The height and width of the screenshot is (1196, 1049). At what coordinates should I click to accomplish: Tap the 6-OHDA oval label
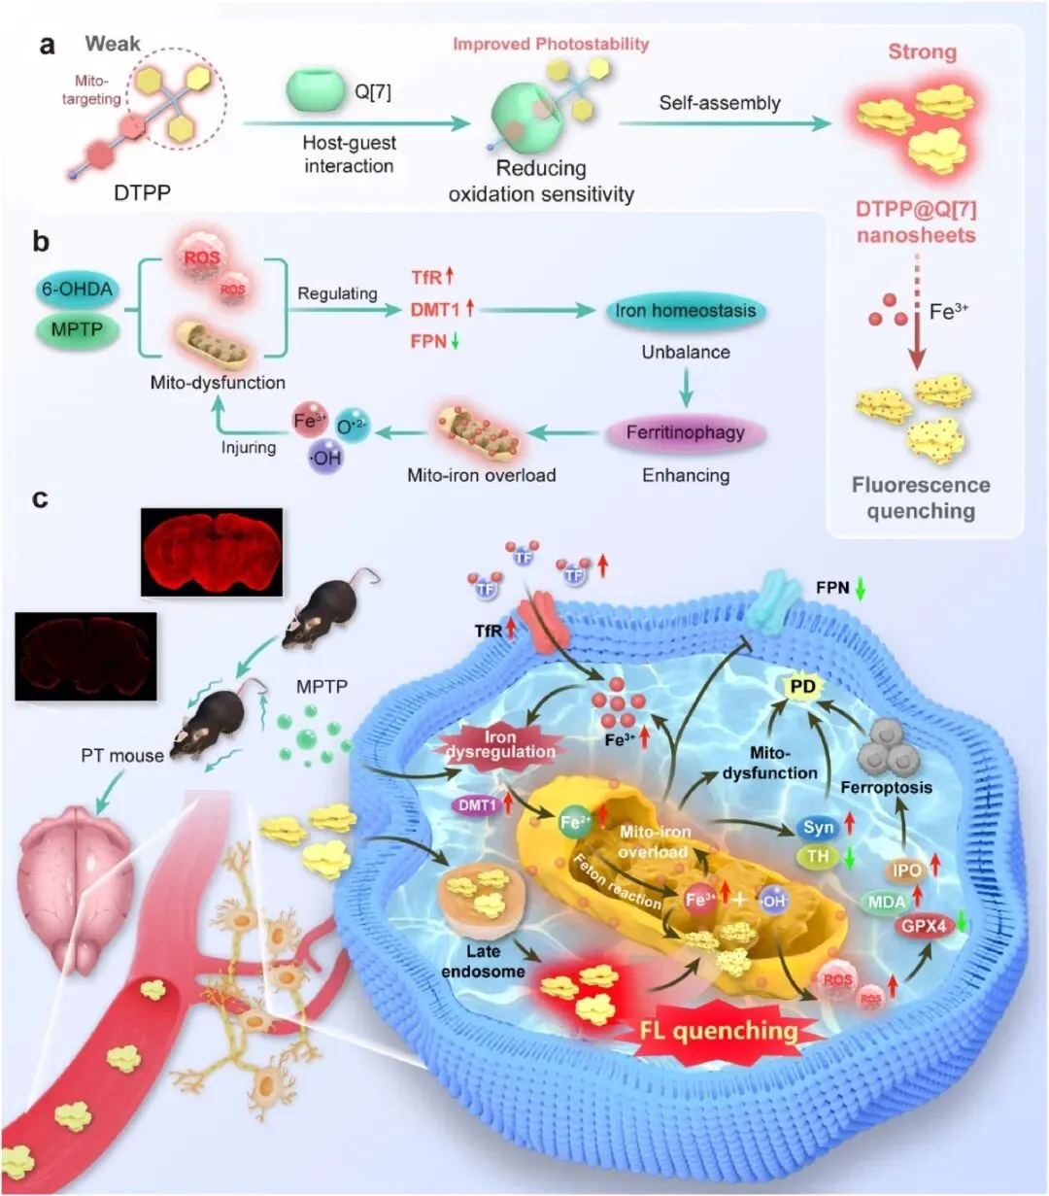[77, 289]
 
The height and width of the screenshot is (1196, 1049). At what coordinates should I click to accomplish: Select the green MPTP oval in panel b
[76, 329]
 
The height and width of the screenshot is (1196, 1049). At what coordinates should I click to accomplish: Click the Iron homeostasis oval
[686, 312]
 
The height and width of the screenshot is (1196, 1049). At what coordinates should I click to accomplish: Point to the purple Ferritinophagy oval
[685, 432]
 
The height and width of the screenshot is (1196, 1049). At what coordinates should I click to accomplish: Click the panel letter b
[41, 242]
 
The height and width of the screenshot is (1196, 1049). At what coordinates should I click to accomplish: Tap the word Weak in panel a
[113, 44]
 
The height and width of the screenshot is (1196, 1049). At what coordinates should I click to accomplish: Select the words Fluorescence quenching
[921, 498]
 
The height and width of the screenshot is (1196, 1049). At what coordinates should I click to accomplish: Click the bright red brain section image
[212, 551]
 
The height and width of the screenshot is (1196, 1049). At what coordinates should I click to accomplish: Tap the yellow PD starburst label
[802, 688]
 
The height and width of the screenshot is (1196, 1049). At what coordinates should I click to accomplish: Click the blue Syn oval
[819, 827]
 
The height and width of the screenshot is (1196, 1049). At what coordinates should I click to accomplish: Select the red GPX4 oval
[923, 926]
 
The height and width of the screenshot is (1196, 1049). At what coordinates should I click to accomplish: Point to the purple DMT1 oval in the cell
[477, 804]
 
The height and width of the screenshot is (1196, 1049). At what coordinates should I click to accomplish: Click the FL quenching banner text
[719, 1031]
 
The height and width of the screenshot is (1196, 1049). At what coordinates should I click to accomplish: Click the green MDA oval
[886, 902]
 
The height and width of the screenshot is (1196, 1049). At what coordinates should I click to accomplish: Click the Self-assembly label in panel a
[720, 103]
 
